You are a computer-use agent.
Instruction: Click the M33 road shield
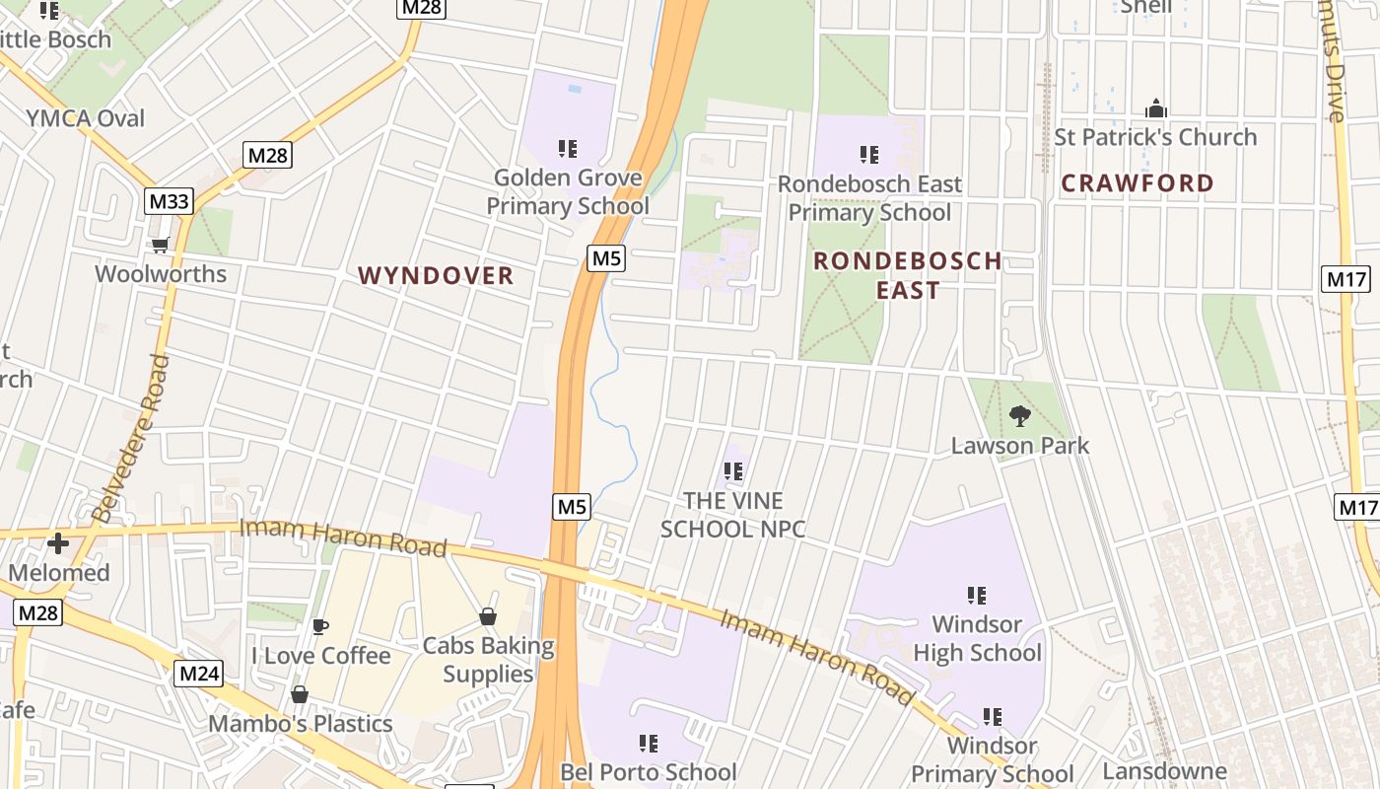170,202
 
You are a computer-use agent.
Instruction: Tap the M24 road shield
199,675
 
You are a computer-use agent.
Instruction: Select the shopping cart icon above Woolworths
160,245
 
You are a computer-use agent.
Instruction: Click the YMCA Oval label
86,118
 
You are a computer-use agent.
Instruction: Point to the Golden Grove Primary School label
568,191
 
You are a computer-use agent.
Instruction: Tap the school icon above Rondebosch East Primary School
868,154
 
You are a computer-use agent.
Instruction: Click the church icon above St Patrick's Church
1155,108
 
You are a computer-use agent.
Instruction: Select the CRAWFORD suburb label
1138,182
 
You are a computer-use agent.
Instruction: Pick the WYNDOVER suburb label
436,275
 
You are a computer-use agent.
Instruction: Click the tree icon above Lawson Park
1020,416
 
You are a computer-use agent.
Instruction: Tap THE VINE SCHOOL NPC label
732,515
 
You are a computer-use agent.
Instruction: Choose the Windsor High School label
977,638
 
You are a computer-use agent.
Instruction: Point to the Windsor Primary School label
992,759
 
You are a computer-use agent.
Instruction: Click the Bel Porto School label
648,771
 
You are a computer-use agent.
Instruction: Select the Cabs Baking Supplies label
488,660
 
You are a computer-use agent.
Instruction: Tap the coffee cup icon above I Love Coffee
319,626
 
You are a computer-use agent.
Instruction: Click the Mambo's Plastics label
301,724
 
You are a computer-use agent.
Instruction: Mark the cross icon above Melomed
58,542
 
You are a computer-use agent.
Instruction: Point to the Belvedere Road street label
130,438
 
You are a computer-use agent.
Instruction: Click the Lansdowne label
1164,770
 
